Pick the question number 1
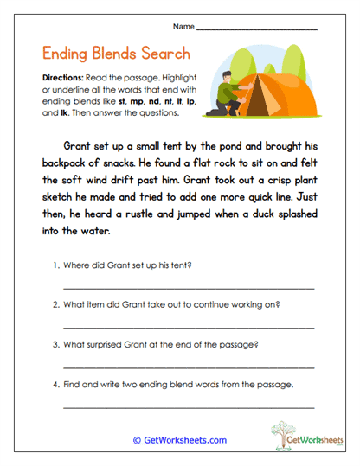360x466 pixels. (x=55, y=264)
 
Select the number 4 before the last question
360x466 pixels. (x=55, y=384)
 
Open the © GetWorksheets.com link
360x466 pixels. (x=179, y=440)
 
